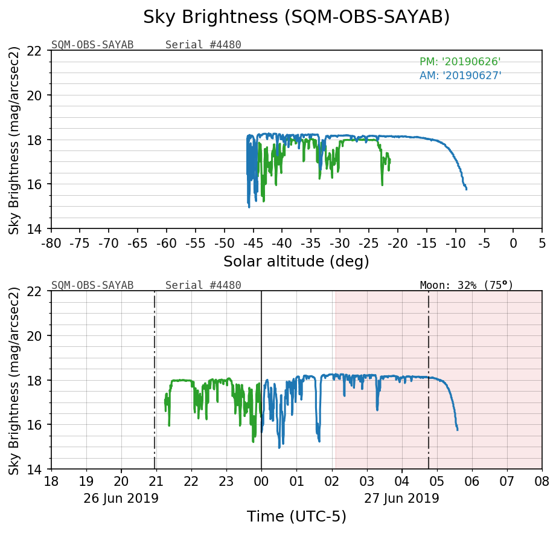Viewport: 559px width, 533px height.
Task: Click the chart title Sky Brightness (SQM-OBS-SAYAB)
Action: (x=296, y=18)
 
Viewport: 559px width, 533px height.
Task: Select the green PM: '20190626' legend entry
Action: (x=460, y=62)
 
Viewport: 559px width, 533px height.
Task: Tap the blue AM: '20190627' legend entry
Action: (x=460, y=76)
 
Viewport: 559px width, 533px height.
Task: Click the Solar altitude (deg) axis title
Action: (x=296, y=262)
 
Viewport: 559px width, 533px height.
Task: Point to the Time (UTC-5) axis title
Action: (x=296, y=517)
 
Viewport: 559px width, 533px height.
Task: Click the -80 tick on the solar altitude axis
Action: (x=51, y=242)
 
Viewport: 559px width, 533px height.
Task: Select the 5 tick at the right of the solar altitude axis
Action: (x=541, y=242)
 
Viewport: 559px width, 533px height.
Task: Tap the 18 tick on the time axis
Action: (x=51, y=482)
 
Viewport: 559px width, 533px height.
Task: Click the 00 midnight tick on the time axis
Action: (x=261, y=482)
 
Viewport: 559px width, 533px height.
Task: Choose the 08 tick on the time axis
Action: (x=541, y=482)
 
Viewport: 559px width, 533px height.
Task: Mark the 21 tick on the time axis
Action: (x=156, y=482)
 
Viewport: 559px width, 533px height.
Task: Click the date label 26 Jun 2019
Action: (x=121, y=499)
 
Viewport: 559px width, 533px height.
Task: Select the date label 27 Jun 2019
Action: (x=401, y=499)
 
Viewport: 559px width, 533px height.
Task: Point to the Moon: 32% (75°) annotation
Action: (x=466, y=285)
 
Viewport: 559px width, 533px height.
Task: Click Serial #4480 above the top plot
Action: (x=203, y=45)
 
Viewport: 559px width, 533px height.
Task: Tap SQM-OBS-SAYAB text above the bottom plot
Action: (x=92, y=285)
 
